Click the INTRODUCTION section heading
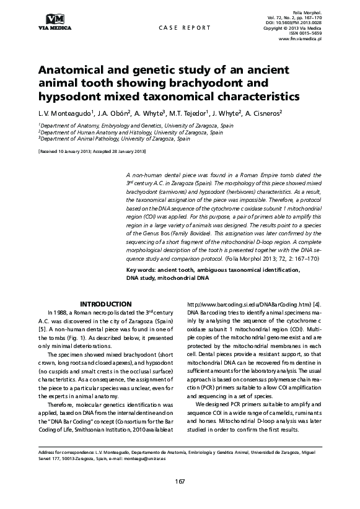click(x=107, y=304)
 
